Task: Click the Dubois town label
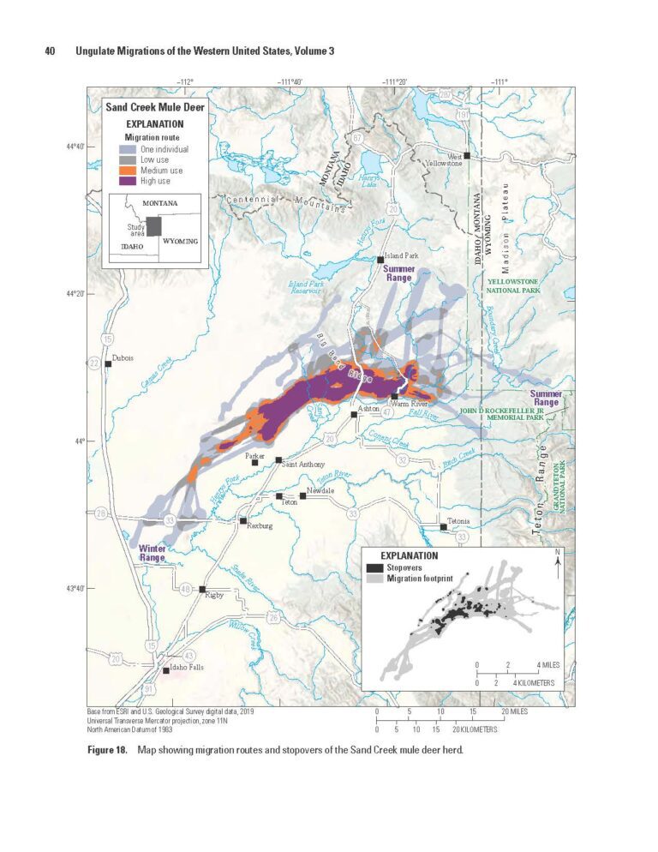pyautogui.click(x=123, y=357)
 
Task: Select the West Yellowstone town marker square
pyautogui.click(x=467, y=155)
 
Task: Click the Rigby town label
pyautogui.click(x=213, y=597)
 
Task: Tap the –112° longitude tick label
pyautogui.click(x=185, y=82)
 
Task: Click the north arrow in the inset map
pyautogui.click(x=558, y=563)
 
